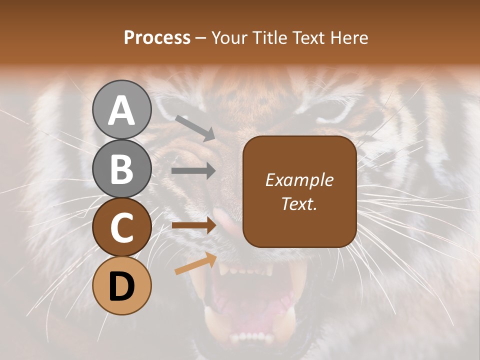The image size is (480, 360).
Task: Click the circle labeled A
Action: pos(121,109)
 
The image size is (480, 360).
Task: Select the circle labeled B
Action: pos(121,168)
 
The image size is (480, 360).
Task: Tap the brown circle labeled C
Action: pos(121,227)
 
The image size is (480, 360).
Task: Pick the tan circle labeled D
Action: pos(121,286)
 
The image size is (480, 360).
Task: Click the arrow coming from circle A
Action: pos(195,128)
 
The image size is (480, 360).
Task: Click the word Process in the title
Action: pos(157,37)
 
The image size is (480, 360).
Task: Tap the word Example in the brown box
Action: pos(299,180)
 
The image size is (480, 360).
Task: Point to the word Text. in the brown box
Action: pos(299,203)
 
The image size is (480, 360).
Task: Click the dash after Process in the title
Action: pos(201,38)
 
